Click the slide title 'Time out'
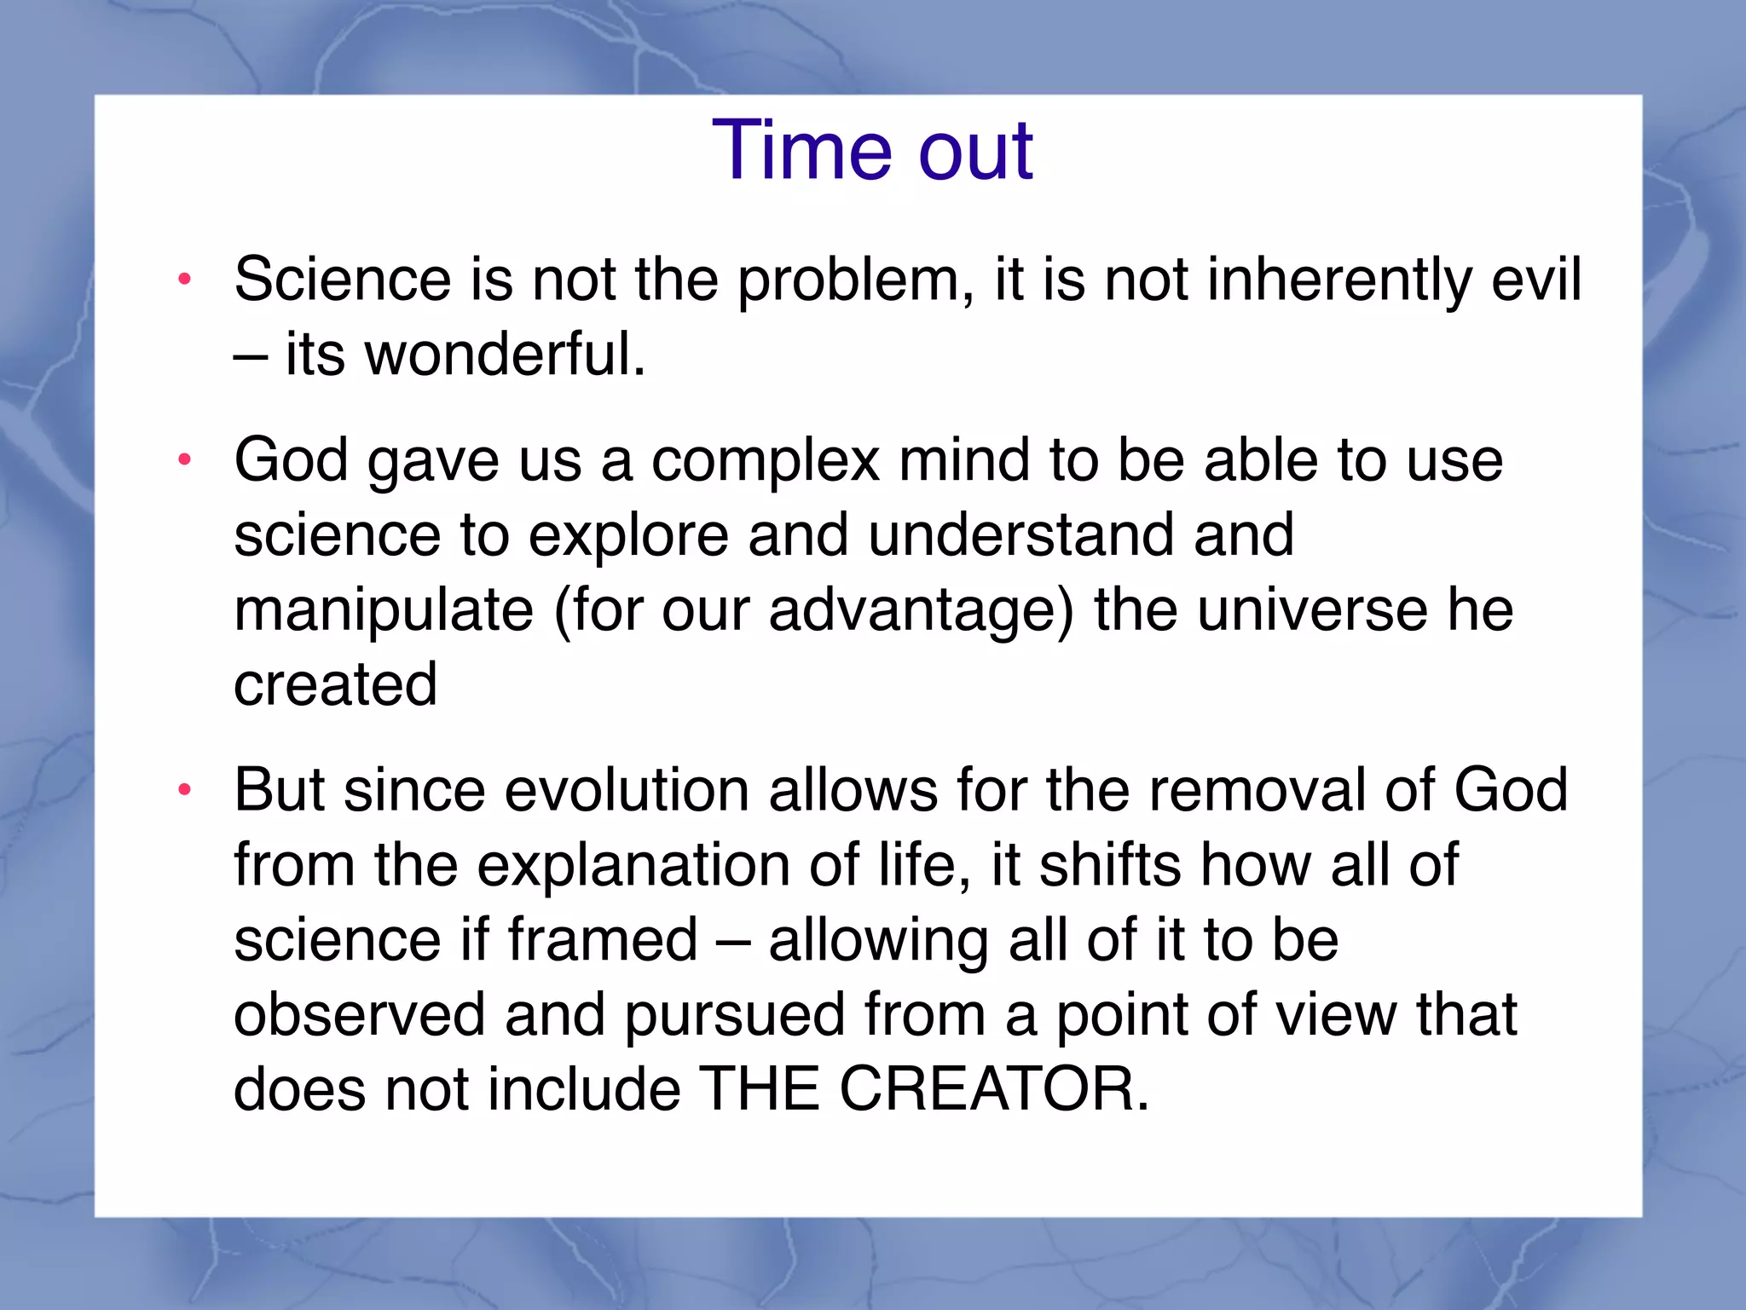872,151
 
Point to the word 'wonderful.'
505,355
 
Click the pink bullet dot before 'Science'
184,279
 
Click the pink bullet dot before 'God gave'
184,460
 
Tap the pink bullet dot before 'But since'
184,790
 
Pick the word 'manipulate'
384,611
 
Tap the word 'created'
335,684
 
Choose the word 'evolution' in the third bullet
627,790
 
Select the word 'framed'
603,940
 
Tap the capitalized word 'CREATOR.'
994,1089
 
